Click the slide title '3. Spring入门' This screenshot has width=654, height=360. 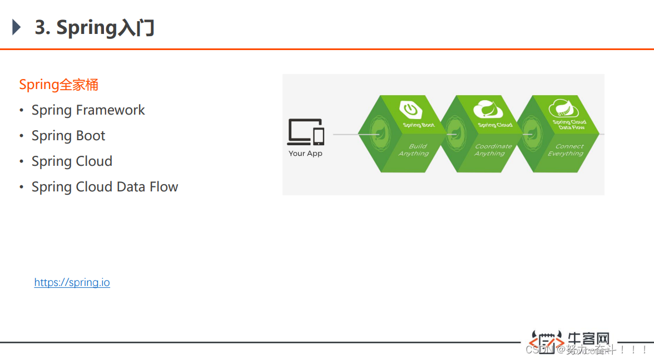95,28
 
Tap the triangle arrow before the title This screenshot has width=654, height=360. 16,27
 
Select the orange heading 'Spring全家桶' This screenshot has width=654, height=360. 58,85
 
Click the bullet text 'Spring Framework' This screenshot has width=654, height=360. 88,110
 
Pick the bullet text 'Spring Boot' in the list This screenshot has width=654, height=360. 68,136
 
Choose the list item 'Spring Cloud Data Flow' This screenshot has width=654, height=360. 105,187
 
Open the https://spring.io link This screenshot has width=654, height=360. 72,283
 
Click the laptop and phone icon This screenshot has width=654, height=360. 305,132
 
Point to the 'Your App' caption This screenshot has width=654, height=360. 305,154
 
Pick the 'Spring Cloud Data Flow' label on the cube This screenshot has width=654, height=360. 569,125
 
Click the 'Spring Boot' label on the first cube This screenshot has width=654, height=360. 419,125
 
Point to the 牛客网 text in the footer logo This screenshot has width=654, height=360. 588,339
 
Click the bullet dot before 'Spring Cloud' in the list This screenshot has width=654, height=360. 21,162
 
